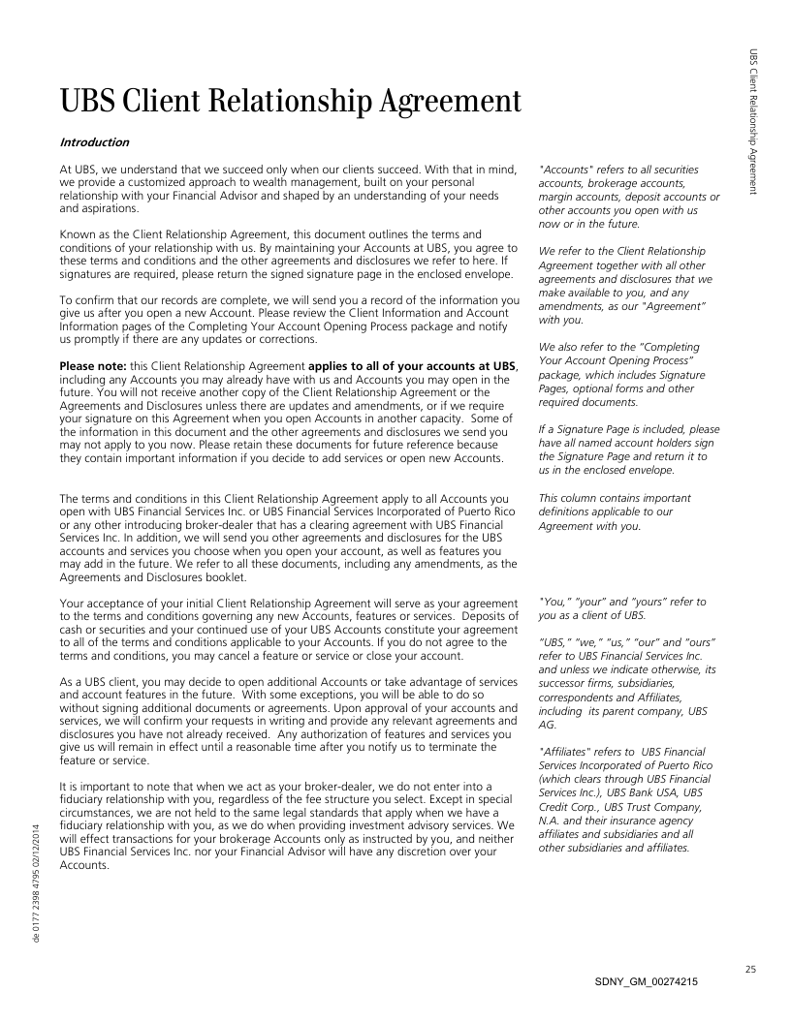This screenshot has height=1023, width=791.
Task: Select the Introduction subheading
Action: pos(94,142)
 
